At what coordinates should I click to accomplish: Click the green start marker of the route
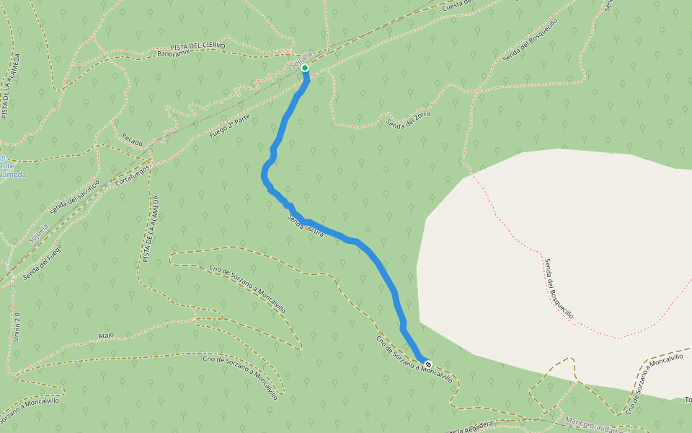coord(305,69)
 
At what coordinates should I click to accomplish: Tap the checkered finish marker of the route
coord(428,364)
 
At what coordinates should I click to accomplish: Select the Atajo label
coord(106,336)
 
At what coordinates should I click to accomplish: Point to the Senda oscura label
coord(305,226)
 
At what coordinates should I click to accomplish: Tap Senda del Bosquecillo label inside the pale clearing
coord(559,289)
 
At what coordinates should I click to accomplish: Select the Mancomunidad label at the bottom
coord(594,421)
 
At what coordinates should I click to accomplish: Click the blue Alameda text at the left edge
coord(12,174)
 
